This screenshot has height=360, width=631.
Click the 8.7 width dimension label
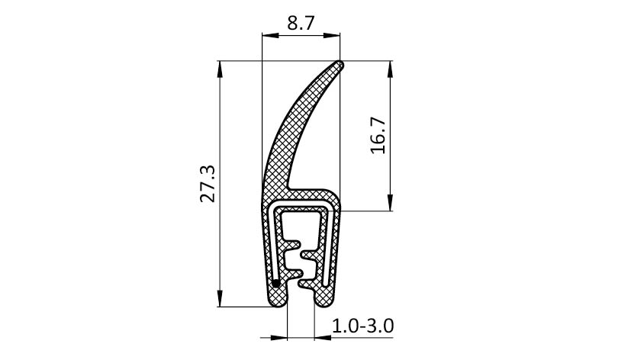point(301,24)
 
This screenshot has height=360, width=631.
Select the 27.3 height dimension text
point(209,183)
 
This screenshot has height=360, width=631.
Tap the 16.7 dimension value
point(378,136)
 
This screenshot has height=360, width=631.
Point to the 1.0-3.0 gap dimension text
point(362,326)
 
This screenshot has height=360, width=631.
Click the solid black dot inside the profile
point(275,284)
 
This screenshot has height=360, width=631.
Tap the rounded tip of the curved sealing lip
point(340,65)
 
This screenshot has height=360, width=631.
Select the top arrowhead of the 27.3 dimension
point(220,69)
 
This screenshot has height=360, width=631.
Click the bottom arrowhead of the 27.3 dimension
point(220,298)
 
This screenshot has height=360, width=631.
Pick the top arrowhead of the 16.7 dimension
point(390,69)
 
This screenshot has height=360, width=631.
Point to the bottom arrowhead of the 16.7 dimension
point(390,202)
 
